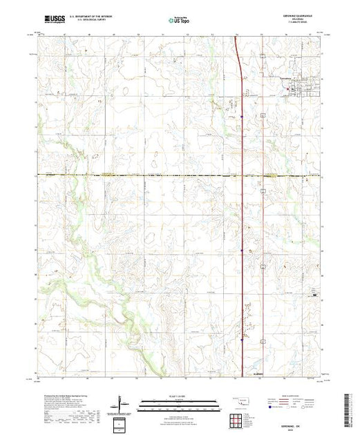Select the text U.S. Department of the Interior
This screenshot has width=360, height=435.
(x=97, y=15)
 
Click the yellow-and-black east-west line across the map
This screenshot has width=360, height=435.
(x=138, y=175)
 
